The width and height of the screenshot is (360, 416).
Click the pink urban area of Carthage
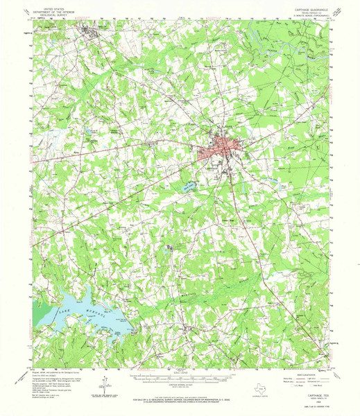(x=221, y=150)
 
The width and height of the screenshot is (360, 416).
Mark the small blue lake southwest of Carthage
(x=187, y=186)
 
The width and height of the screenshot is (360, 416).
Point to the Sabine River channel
(x=291, y=42)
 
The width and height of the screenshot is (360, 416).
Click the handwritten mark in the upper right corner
(x=338, y=8)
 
